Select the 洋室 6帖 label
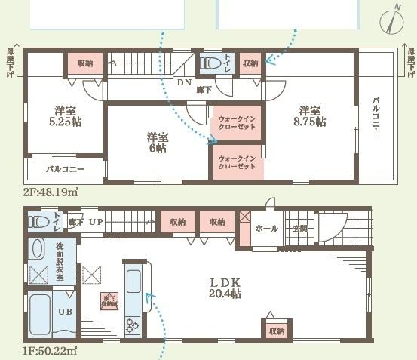tap(157, 143)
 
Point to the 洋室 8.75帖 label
tap(311, 115)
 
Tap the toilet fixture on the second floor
tap(210, 66)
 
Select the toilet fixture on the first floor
tap(38, 222)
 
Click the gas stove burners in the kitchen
tap(133, 325)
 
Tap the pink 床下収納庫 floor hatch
tap(109, 301)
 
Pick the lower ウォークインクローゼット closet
tap(236, 162)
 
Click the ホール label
tap(267, 228)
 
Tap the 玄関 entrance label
tap(300, 228)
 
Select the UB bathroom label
tap(66, 312)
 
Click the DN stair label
tap(184, 83)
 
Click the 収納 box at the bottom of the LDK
tap(277, 330)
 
